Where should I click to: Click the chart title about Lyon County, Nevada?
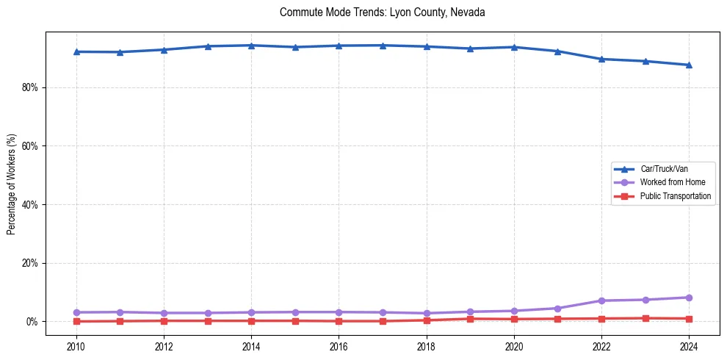(x=382, y=12)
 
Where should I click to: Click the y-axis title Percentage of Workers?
(x=12, y=184)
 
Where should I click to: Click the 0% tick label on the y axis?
(x=32, y=322)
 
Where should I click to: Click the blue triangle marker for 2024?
(x=689, y=65)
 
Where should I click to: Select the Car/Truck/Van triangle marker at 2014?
(x=251, y=46)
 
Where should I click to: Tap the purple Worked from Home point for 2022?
(x=601, y=300)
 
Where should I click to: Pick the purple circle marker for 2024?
(x=689, y=298)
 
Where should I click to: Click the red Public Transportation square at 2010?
(x=76, y=321)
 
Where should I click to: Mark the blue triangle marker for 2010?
(x=76, y=51)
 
